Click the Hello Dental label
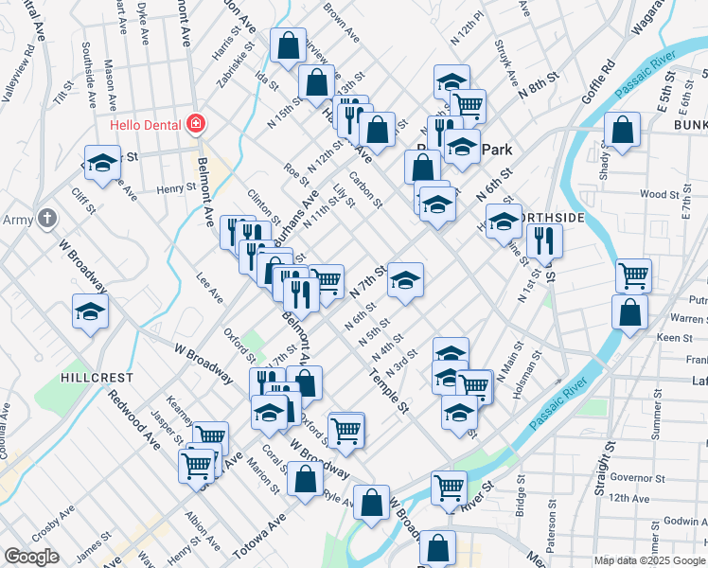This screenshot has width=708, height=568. coord(147,123)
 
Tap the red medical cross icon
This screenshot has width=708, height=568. coord(196,123)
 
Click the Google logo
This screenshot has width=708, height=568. coord(31,557)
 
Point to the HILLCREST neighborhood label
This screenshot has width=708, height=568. coord(97,377)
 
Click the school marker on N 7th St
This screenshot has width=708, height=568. coord(405,281)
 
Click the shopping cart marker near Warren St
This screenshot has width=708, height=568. coord(633,275)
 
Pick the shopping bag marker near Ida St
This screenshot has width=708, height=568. coord(286,44)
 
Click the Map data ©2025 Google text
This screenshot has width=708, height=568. coord(648,560)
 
